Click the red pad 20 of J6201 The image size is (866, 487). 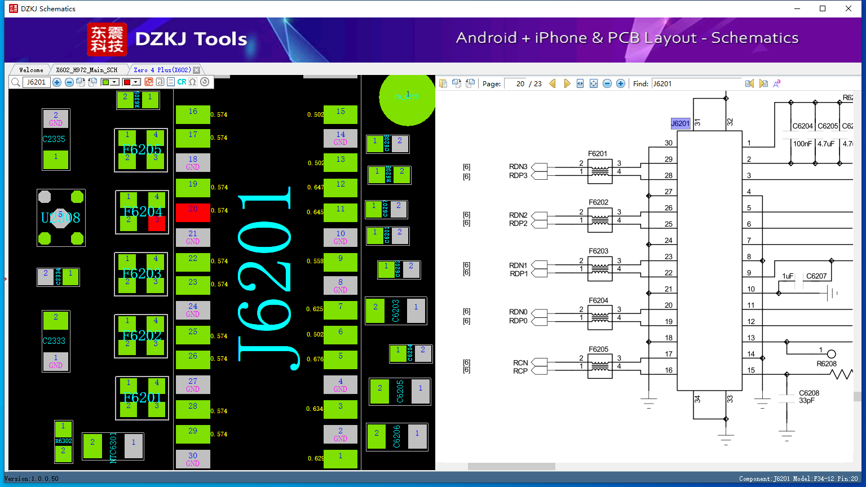click(x=193, y=212)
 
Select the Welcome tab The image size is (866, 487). click(x=31, y=70)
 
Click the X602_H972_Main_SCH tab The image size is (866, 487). click(x=87, y=70)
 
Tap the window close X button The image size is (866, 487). click(x=849, y=8)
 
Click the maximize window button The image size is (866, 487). click(x=823, y=8)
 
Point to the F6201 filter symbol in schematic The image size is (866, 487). click(x=599, y=171)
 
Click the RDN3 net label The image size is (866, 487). click(x=518, y=167)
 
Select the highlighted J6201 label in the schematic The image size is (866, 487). click(x=680, y=123)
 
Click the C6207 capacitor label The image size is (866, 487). click(x=816, y=276)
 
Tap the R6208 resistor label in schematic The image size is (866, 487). click(x=827, y=364)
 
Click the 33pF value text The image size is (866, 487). click(x=806, y=401)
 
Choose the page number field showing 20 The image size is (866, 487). click(x=515, y=83)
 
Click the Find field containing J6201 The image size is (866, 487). click(x=696, y=83)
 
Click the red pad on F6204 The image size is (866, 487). click(x=157, y=223)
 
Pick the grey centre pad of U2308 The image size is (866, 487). click(x=61, y=218)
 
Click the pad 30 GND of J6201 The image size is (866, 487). click(x=193, y=459)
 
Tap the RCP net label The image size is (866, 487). click(x=520, y=371)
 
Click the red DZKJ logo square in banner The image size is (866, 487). click(x=107, y=39)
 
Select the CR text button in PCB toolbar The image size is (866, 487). click(x=182, y=82)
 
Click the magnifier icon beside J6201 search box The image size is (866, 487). click(x=15, y=82)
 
